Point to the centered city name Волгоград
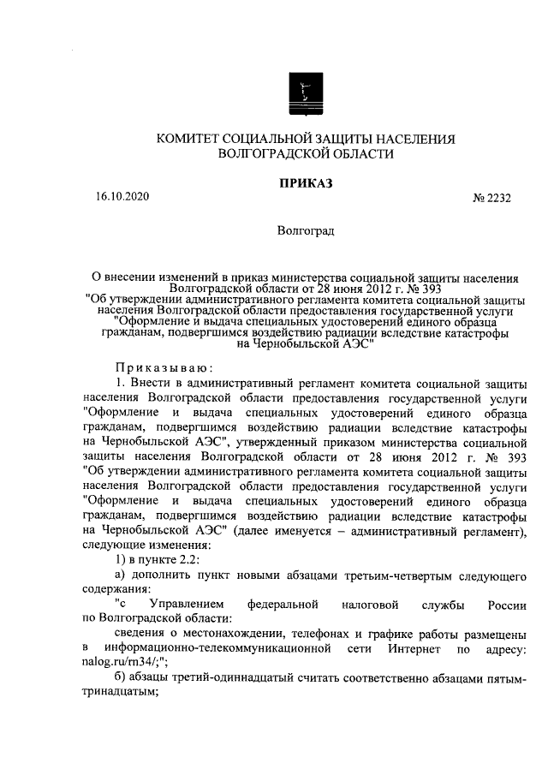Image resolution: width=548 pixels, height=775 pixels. coord(306,230)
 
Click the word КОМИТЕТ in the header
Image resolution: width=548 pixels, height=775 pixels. coord(187,140)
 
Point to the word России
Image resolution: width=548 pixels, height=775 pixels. coord(507,606)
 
